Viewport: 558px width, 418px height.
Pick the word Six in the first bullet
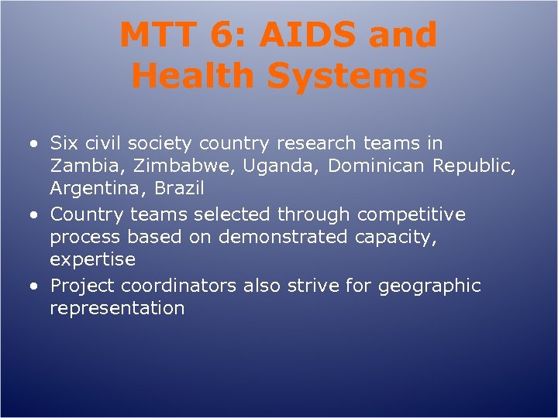[64, 143]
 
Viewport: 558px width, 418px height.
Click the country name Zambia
[81, 166]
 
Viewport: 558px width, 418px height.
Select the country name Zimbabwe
[160, 166]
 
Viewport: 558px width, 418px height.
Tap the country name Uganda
[246, 166]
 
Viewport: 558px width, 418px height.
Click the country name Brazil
[179, 189]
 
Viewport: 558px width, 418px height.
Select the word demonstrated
[283, 237]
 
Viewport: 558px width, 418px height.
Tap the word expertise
[92, 260]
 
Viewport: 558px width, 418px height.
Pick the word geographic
[429, 286]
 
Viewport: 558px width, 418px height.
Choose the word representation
[117, 308]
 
